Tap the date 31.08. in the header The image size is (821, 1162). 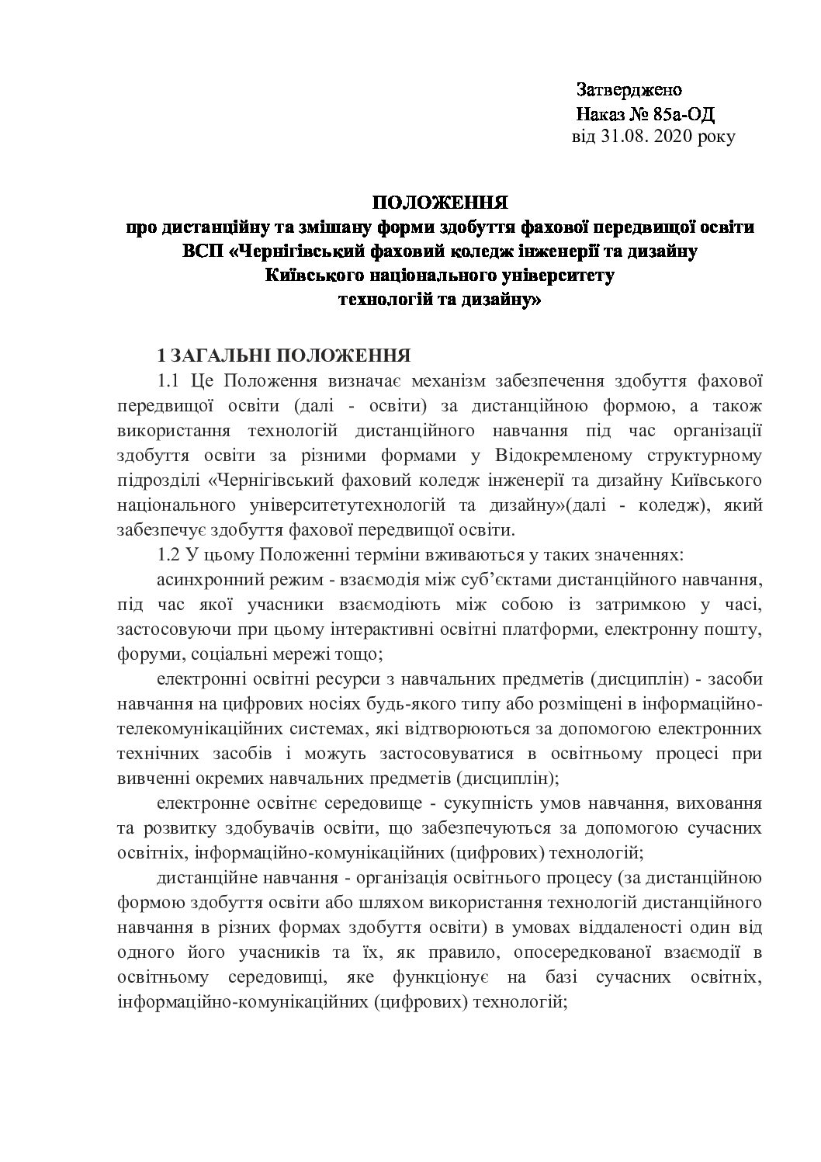click(624, 137)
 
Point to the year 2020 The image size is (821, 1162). click(675, 137)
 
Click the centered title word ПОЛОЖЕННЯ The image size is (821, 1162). click(440, 203)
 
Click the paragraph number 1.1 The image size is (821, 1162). click(168, 381)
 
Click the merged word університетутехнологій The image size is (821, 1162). click(362, 505)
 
